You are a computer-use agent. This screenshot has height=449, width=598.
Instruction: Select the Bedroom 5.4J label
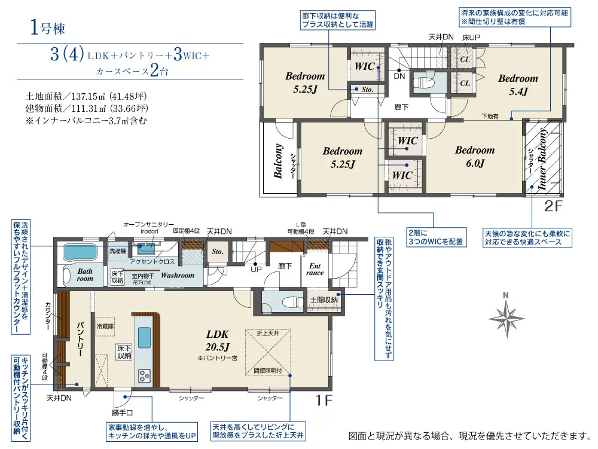point(518,84)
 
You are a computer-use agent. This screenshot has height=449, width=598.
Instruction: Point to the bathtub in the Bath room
point(84,253)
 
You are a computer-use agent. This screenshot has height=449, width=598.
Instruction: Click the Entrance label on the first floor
point(315,269)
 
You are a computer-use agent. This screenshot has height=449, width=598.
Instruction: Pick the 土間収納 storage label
point(324,299)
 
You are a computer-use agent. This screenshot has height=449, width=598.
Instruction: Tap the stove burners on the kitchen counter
point(145,375)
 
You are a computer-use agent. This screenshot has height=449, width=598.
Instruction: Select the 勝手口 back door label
point(122,412)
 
